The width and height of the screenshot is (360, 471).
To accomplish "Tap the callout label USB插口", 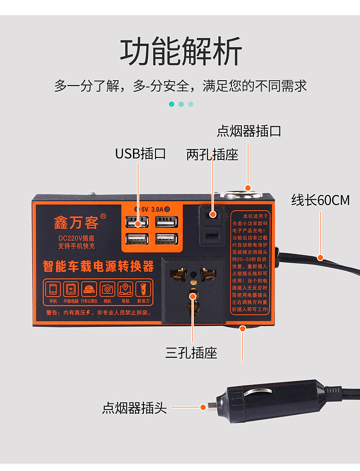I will click(140, 154).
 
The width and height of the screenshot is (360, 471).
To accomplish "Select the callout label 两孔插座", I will click(212, 155).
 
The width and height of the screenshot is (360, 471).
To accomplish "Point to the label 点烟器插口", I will click(249, 131).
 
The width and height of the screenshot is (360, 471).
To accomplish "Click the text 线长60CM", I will click(320, 200).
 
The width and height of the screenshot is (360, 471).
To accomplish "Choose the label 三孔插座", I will click(191, 353).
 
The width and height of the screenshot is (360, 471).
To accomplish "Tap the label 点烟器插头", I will click(134, 408).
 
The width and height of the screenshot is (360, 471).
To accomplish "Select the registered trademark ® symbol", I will click(103, 216).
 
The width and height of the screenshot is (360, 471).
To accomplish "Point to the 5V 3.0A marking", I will click(152, 209).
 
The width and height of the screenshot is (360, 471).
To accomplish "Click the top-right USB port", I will click(166, 222).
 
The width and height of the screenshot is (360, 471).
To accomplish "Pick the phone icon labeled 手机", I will click(53, 289).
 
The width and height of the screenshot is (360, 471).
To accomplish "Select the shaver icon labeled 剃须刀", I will click(143, 289).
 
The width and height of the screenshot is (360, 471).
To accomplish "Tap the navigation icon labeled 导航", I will click(125, 289).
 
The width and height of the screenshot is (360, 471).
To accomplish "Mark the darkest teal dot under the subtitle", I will click(171, 104).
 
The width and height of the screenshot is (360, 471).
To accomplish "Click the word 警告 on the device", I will click(52, 313).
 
